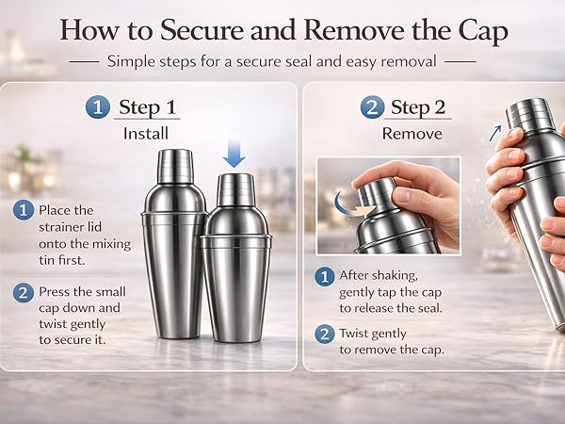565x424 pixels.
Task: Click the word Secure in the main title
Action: pos(202,29)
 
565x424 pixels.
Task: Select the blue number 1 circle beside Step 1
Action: pos(97,107)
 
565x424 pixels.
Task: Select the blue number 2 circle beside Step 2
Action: pos(372,107)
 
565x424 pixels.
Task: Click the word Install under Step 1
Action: pos(146,134)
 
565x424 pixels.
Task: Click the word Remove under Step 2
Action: pos(412,134)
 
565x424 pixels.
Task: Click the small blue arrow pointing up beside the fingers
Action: pos(495,133)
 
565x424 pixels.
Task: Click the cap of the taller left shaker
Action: pos(175,166)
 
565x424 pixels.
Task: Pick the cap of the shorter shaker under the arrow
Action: pos(236,190)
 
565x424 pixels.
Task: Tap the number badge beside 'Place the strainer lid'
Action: pos(24,210)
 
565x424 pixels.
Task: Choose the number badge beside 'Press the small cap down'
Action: pos(24,292)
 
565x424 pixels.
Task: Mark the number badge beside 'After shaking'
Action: pos(325,276)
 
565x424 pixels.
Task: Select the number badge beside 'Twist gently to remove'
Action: pos(325,334)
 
